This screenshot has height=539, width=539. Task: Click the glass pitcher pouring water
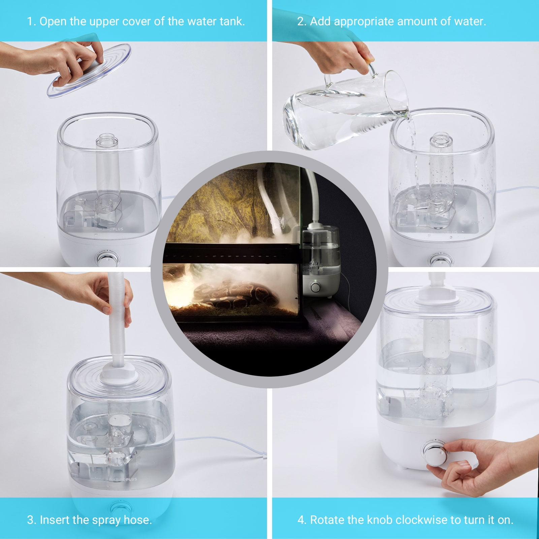(x=347, y=108)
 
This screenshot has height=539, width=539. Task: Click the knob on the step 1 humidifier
(x=108, y=260)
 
